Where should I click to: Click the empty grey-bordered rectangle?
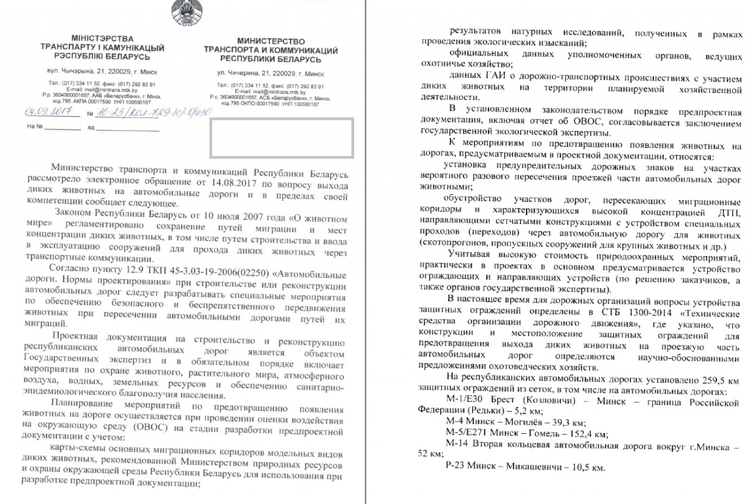[x=282, y=138]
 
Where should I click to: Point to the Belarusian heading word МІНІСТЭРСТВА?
[x=102, y=38]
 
